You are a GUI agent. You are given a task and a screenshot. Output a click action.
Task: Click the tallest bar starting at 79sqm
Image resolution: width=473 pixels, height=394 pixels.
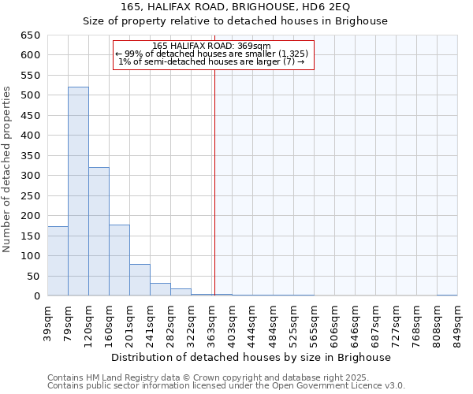pos(78,191)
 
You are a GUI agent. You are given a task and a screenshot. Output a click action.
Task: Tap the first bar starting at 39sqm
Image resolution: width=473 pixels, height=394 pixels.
pos(58,261)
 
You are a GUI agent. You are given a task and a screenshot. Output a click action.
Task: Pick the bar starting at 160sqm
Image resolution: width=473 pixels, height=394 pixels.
pos(119,260)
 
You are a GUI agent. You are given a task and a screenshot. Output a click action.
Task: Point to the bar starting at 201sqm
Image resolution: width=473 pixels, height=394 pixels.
pos(140,280)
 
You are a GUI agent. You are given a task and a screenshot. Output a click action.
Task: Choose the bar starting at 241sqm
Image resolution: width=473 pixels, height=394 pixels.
pos(160,289)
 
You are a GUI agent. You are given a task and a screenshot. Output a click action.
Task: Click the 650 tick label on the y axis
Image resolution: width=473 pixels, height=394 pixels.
pos(30,35)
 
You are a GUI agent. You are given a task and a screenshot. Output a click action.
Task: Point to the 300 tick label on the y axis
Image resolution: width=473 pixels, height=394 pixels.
pos(30,176)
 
